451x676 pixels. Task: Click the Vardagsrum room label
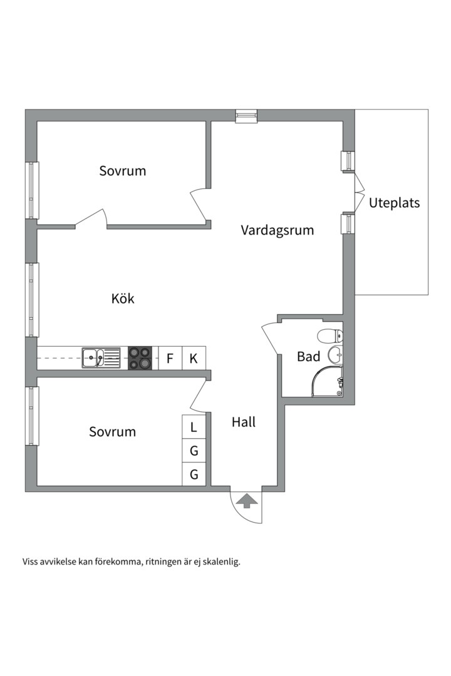277,230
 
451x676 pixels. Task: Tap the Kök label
123,299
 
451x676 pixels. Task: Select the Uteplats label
394,203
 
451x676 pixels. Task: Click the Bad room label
308,357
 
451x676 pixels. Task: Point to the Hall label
244,422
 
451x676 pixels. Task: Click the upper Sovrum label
122,170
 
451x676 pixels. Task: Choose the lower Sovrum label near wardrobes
112,432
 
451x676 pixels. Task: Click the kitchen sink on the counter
101,358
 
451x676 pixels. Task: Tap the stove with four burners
140,358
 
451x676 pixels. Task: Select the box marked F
170,359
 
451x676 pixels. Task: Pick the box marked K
194,359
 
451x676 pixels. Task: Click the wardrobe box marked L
194,428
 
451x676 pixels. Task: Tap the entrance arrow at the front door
247,500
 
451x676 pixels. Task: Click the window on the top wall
246,116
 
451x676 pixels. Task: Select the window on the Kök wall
31,300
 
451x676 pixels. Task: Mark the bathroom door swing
271,338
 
